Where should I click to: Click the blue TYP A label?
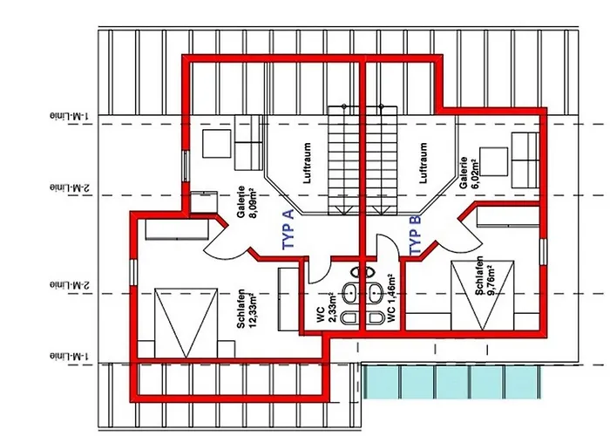point(288,229)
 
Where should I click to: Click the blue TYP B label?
point(415,235)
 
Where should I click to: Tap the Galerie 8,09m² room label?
point(247,202)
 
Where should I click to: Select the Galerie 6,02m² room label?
point(469,173)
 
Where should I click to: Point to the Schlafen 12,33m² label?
point(247,309)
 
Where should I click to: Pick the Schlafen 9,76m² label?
point(484,276)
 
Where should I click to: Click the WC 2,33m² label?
point(327,309)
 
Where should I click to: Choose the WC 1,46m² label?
point(391,298)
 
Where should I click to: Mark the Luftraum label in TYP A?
point(307,163)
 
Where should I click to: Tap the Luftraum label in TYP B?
point(424,163)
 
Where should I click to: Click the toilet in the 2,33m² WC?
point(349,317)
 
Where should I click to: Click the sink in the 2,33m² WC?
point(350,293)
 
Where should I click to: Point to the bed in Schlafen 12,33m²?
point(186,323)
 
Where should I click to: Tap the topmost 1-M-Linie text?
point(70,116)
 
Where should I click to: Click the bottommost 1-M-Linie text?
point(70,356)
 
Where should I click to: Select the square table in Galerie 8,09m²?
point(217,144)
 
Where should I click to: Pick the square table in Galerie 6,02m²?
point(494,161)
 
